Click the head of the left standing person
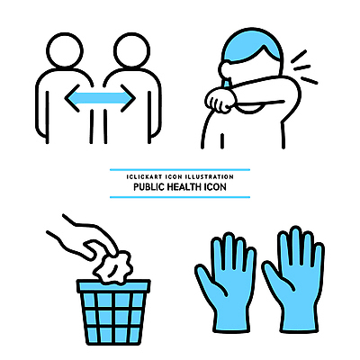pos(65,50)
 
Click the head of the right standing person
pos(131,50)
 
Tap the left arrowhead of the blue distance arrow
pos(72,98)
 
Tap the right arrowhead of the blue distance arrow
pos(128,98)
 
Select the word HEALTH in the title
pos(184,187)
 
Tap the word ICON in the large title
pos(215,187)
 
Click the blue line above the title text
pos(180,170)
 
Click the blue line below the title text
pos(180,197)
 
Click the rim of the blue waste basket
pos(113,286)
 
